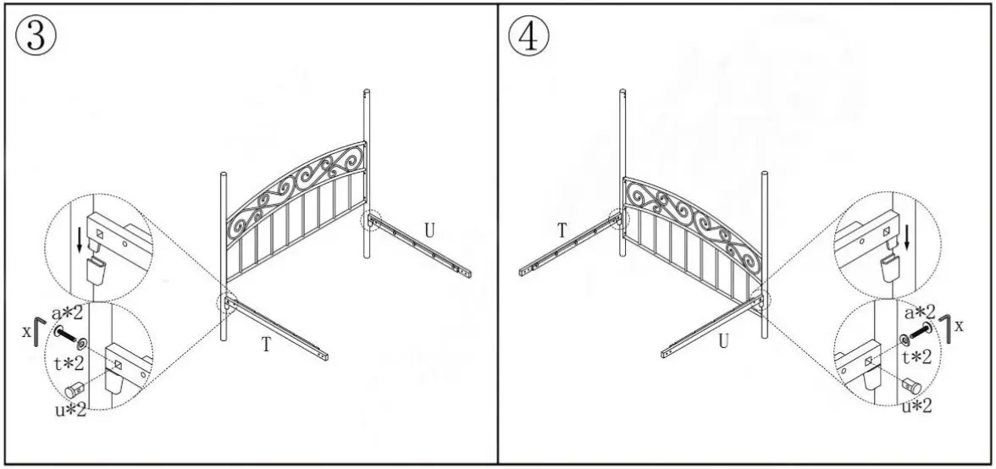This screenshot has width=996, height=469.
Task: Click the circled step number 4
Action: [x=528, y=37]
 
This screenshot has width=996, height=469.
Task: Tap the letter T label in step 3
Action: [x=266, y=344]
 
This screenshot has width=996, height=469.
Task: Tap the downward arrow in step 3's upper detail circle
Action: [x=79, y=239]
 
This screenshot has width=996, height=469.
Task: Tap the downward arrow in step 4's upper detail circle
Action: [x=907, y=235]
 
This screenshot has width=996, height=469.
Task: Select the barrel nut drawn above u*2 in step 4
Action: [x=911, y=383]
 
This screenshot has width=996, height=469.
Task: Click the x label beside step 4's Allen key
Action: [x=960, y=326]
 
